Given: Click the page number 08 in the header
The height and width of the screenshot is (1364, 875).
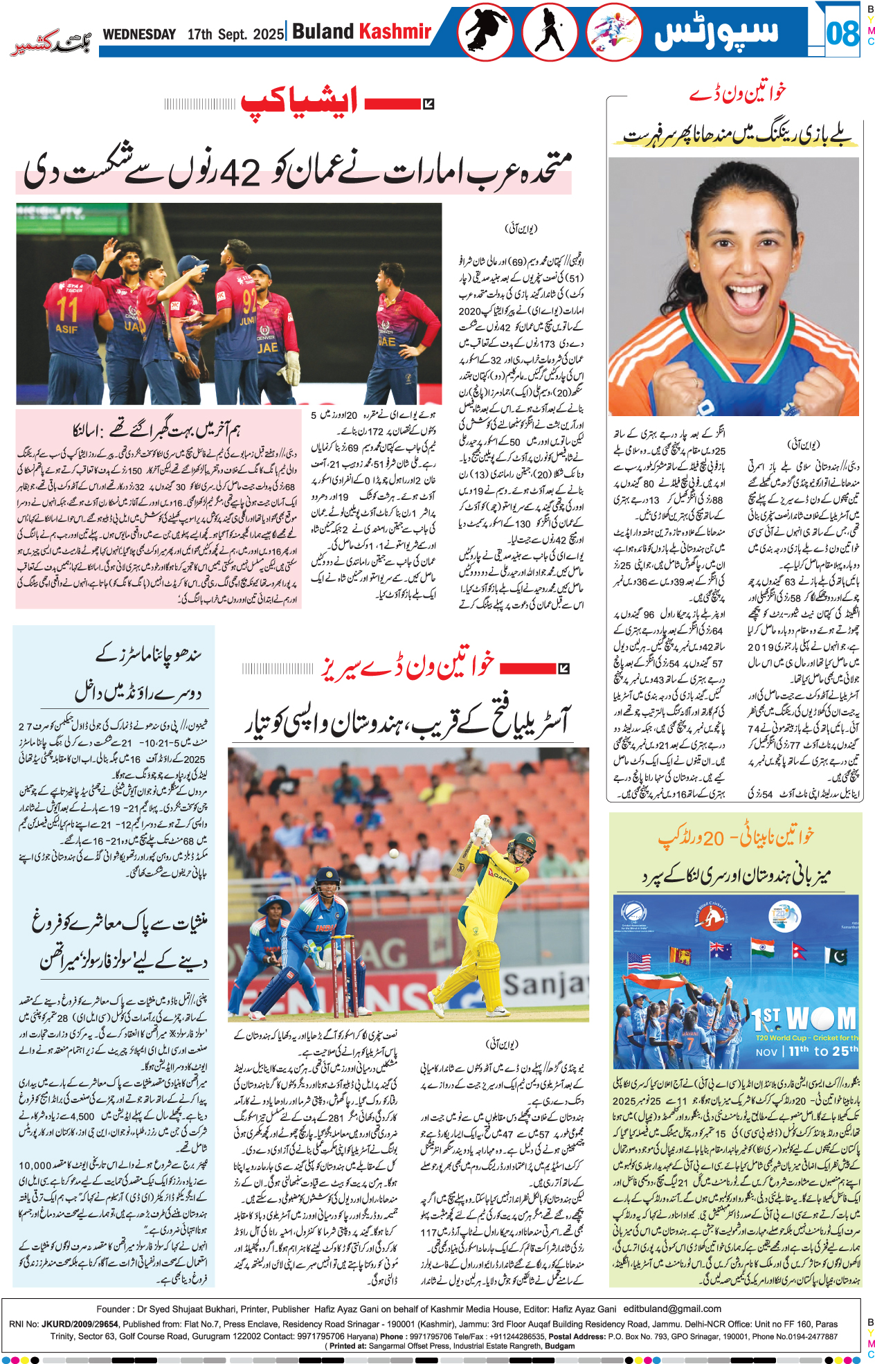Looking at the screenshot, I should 842,33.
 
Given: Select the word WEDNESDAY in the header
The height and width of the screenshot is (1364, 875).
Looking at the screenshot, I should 139,34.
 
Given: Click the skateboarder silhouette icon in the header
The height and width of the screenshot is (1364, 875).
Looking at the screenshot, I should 485,32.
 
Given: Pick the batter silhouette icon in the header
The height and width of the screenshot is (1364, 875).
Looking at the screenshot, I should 549,32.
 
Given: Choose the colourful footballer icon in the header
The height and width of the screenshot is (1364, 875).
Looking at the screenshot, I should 613,32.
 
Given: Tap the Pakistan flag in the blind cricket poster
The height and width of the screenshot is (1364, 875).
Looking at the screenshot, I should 836,957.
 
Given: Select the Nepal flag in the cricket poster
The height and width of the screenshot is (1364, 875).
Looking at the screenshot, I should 800,951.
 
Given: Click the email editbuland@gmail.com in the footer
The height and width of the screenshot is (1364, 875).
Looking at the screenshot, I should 672,1309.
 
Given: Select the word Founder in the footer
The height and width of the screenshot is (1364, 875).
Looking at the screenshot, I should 114,1309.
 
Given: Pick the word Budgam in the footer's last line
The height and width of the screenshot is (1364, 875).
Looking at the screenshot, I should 559,1346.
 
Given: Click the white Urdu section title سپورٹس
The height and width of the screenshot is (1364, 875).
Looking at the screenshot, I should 716,32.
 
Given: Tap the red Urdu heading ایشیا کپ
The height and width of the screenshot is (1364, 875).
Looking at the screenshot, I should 299,102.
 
